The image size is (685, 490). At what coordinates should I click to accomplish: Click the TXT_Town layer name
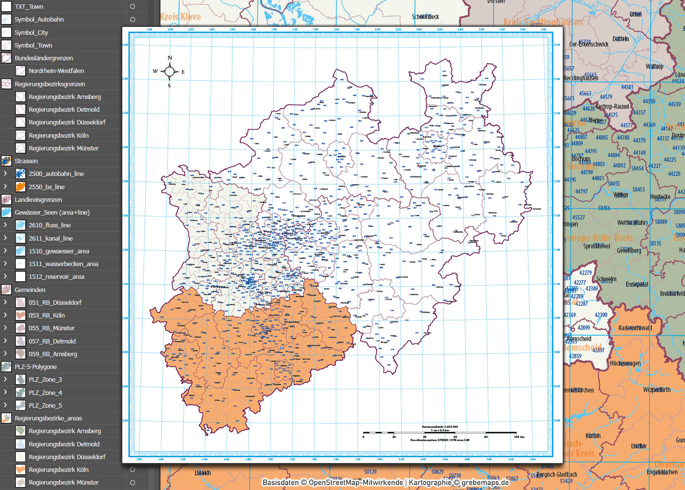29,7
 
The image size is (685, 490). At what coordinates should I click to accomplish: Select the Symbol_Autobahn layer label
39,20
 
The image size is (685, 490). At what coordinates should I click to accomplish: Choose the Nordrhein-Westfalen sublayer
56,71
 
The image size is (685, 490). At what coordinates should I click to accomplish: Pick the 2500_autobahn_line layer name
56,174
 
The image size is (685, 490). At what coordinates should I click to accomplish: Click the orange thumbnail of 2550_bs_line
21,187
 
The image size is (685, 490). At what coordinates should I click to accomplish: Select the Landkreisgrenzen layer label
38,200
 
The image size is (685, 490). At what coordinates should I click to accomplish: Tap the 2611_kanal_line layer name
50,239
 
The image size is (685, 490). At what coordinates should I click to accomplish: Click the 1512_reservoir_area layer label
56,277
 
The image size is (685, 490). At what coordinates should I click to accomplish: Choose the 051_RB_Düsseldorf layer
55,303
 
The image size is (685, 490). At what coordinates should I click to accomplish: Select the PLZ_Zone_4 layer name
45,393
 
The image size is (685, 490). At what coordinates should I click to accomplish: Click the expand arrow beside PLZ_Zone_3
5,379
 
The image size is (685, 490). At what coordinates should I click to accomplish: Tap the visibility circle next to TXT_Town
133,7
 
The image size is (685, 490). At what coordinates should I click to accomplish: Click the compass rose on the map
169,72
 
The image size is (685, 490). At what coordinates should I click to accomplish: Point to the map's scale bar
440,433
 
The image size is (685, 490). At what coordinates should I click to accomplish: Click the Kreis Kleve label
180,17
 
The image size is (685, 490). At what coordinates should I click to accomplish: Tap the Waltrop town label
654,67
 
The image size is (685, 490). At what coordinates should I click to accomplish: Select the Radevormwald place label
635,328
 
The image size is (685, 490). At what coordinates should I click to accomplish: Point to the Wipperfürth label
657,390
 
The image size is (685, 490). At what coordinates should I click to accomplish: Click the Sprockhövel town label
596,246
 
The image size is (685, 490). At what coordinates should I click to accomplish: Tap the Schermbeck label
425,17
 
